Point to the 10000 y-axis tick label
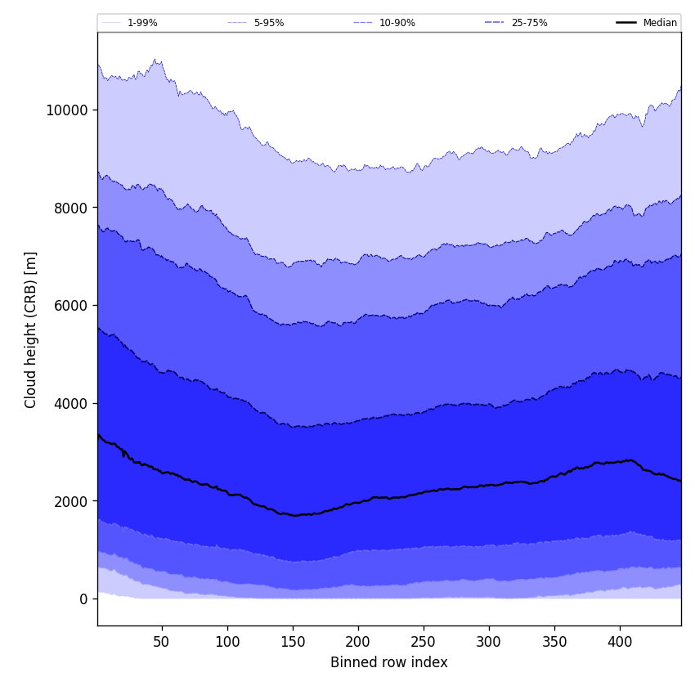67,110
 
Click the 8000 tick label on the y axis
70,208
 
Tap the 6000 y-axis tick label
70,306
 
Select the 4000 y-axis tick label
70,403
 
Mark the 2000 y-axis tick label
70,501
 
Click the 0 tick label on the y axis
83,599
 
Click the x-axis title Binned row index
389,662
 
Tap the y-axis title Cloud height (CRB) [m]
31,330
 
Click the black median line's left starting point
98,435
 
